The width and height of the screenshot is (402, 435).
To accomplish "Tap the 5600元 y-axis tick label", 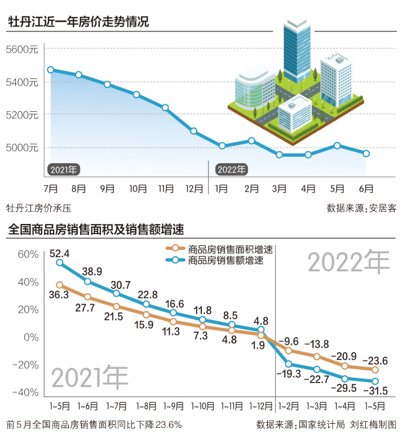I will click(21, 50).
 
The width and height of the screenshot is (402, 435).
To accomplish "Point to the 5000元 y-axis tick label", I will click(21, 148).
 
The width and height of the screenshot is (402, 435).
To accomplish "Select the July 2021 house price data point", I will click(51, 70).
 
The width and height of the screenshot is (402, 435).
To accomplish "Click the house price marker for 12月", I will click(193, 131).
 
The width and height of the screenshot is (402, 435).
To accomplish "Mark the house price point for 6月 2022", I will click(366, 153).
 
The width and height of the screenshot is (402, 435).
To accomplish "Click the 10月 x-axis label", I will click(138, 188).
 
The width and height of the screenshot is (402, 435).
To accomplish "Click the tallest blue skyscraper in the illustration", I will click(297, 48).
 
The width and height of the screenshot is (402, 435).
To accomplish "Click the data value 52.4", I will click(59, 253).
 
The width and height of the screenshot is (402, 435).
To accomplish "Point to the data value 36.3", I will click(59, 295).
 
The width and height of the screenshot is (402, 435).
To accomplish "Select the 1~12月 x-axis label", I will click(260, 406).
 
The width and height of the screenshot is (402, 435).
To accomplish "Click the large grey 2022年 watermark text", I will click(348, 262).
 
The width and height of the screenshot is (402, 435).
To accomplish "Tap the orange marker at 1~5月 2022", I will click(374, 370).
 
